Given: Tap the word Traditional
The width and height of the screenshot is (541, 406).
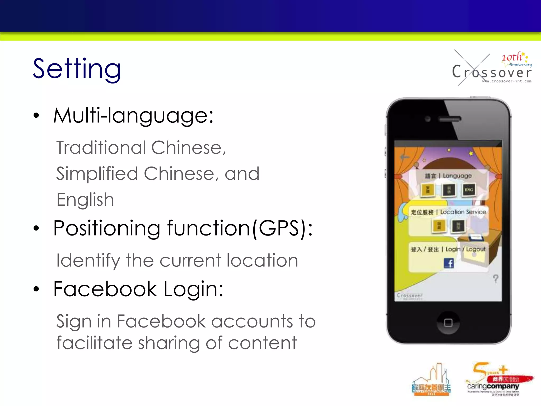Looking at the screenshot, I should pos(101,147).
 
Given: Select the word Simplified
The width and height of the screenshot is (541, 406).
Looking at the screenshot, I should pos(97,174).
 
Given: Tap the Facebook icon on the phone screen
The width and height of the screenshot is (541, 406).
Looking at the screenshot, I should pos(449,263).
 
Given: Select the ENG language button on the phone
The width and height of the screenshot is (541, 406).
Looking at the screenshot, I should pos(469,190).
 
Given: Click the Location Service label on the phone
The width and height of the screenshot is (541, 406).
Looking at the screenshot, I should pos(463,212).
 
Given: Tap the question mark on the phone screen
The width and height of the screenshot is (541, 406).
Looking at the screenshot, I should pos(496,279).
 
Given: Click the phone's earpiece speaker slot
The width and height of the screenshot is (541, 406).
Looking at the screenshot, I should pos(450,119).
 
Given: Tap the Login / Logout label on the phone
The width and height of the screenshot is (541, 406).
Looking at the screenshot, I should pos(465,249).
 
